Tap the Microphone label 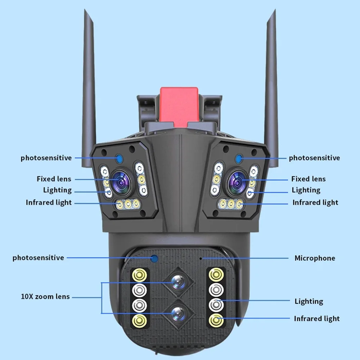coord(315,258)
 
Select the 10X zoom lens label coord(45,297)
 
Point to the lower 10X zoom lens coord(177,314)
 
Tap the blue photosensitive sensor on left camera coord(119,158)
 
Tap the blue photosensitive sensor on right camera coord(238,158)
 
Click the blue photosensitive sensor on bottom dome coord(155,258)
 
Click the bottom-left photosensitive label coord(38,258)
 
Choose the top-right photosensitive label coord(314,158)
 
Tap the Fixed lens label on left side coord(54,179)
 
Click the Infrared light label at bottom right coord(316,319)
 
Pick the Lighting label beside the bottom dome coord(309,301)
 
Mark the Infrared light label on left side coord(49,203)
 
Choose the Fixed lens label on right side coord(308,179)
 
